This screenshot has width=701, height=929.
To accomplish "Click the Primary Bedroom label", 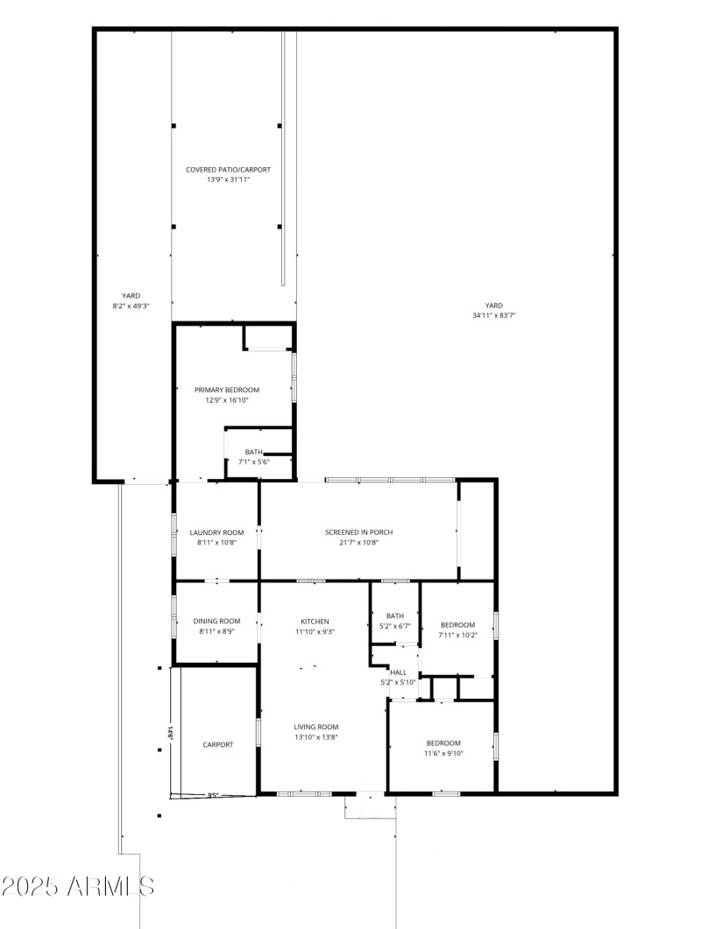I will pyautogui.click(x=227, y=390).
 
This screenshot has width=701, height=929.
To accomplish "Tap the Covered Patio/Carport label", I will pyautogui.click(x=227, y=169).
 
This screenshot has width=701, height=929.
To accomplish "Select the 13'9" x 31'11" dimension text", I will pyautogui.click(x=227, y=179).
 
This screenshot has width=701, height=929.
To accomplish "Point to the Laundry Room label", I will pyautogui.click(x=216, y=532).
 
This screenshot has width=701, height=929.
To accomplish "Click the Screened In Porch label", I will pyautogui.click(x=358, y=532).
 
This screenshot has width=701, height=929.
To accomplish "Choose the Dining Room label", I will pyautogui.click(x=216, y=621).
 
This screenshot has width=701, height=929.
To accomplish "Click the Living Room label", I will pyautogui.click(x=315, y=727).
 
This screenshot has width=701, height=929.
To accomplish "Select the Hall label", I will pyautogui.click(x=398, y=672).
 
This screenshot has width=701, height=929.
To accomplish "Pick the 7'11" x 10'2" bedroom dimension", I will pyautogui.click(x=457, y=635).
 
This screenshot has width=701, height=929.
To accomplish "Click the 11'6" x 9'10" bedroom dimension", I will pyautogui.click(x=443, y=753).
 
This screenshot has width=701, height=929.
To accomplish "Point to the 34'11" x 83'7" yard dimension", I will pyautogui.click(x=494, y=315).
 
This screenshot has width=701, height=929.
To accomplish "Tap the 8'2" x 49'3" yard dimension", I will pyautogui.click(x=131, y=306).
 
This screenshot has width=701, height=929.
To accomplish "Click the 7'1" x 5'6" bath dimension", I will pyautogui.click(x=253, y=461).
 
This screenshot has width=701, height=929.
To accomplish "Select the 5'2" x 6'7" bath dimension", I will pyautogui.click(x=395, y=625).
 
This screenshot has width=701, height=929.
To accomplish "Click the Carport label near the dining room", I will pyautogui.click(x=218, y=744).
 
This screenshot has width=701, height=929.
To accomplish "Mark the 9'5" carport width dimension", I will pyautogui.click(x=213, y=795).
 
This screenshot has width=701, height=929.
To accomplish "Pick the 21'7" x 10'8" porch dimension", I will pyautogui.click(x=358, y=542).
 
